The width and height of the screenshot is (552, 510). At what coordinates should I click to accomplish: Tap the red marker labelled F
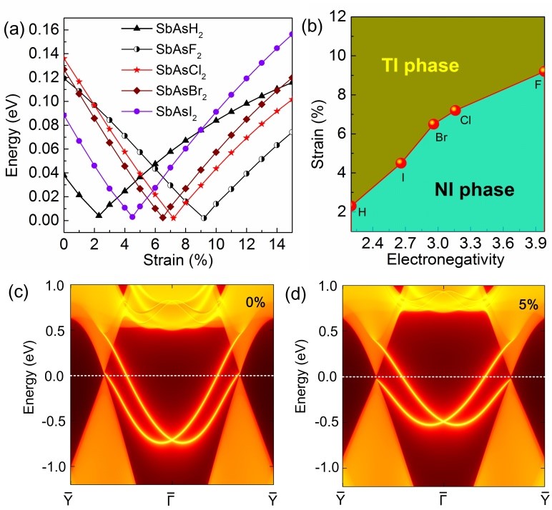click(x=544, y=71)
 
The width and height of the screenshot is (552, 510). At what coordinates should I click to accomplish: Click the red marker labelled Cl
click(x=455, y=110)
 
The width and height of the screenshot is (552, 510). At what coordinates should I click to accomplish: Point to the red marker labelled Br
click(x=433, y=124)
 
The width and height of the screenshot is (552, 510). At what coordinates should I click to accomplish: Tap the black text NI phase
click(x=475, y=189)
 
